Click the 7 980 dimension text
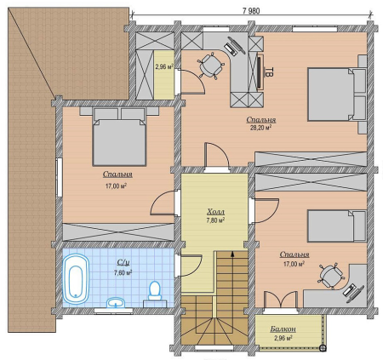251,11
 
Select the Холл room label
215,212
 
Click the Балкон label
283,329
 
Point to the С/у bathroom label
123,263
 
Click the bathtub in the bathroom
76,278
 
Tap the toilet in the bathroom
155,291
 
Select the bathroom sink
116,303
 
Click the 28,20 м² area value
260,128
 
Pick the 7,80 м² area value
215,220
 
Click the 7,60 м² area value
123,273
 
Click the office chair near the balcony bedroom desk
331,276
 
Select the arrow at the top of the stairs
232,254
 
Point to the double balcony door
281,300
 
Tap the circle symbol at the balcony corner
323,348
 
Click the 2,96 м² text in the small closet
164,67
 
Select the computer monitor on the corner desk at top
238,45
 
